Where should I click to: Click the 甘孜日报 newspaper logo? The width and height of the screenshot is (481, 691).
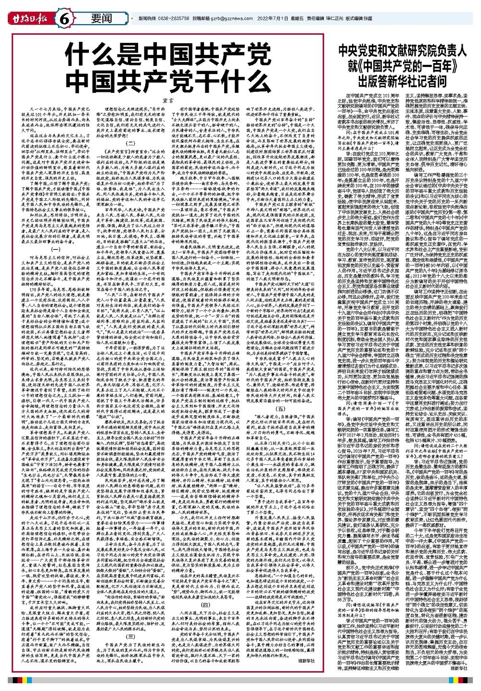click(x=28, y=18)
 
